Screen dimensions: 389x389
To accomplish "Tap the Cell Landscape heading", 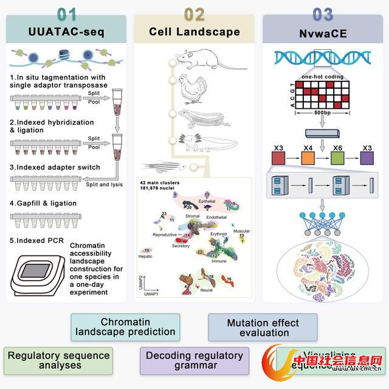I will pos(194,32).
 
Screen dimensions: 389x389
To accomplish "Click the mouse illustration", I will pos(204,60).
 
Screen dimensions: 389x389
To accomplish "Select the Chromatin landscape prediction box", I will pos(125,326).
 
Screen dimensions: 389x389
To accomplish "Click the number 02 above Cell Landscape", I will pos(194,13).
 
